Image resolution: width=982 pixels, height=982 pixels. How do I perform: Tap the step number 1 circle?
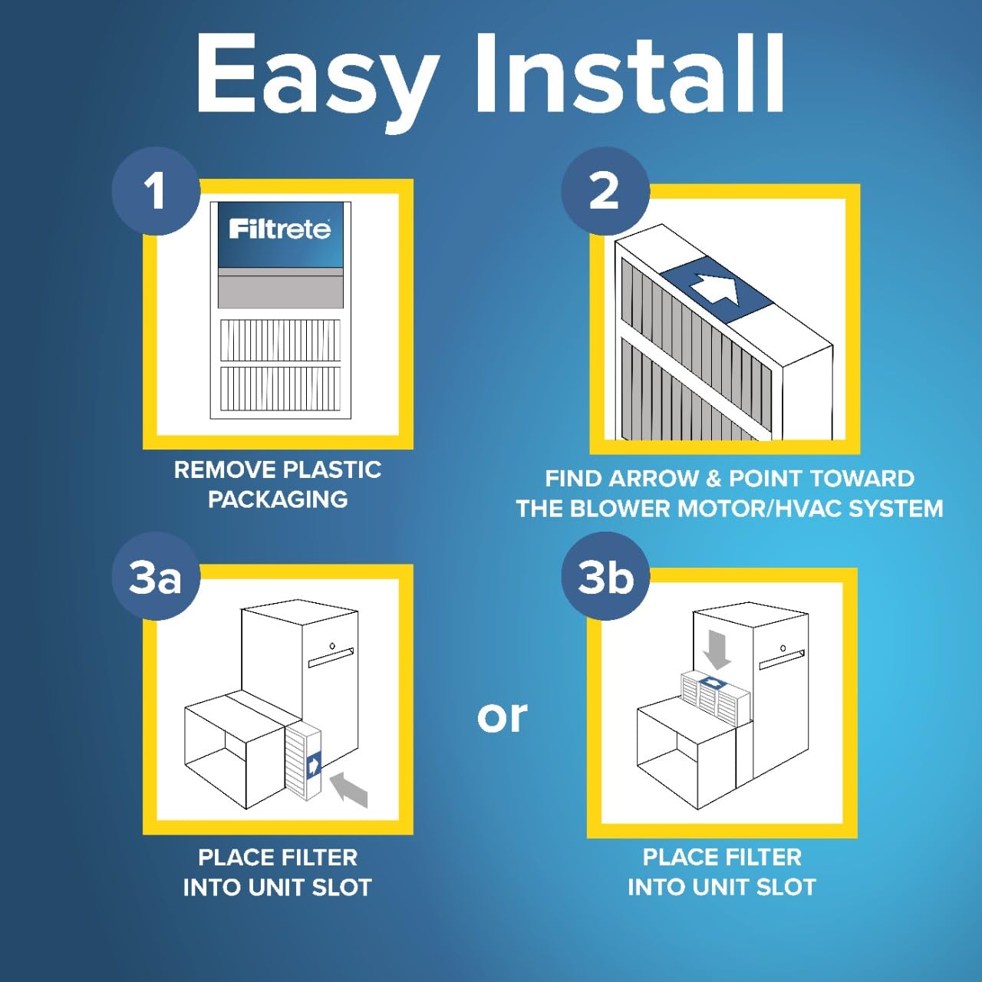pyautogui.click(x=156, y=191)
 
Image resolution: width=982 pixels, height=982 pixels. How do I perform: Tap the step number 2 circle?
pyautogui.click(x=605, y=191)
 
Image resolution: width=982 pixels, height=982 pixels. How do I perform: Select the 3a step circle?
pyautogui.click(x=156, y=577)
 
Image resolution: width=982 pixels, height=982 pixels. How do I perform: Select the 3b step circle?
pyautogui.click(x=605, y=577)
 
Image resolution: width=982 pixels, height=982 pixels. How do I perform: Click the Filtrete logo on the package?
pyautogui.click(x=280, y=229)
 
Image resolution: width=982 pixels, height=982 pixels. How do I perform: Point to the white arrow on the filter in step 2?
pyautogui.click(x=715, y=290)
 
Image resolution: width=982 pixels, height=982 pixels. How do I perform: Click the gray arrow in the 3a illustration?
pyautogui.click(x=350, y=789)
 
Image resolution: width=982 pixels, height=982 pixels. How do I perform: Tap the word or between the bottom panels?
pyautogui.click(x=502, y=717)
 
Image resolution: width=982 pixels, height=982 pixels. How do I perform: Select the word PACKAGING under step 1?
pyautogui.click(x=278, y=499)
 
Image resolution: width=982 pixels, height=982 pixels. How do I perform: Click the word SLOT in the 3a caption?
pyautogui.click(x=341, y=888)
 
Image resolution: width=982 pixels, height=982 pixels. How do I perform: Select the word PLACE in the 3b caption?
pyautogui.click(x=675, y=857)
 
